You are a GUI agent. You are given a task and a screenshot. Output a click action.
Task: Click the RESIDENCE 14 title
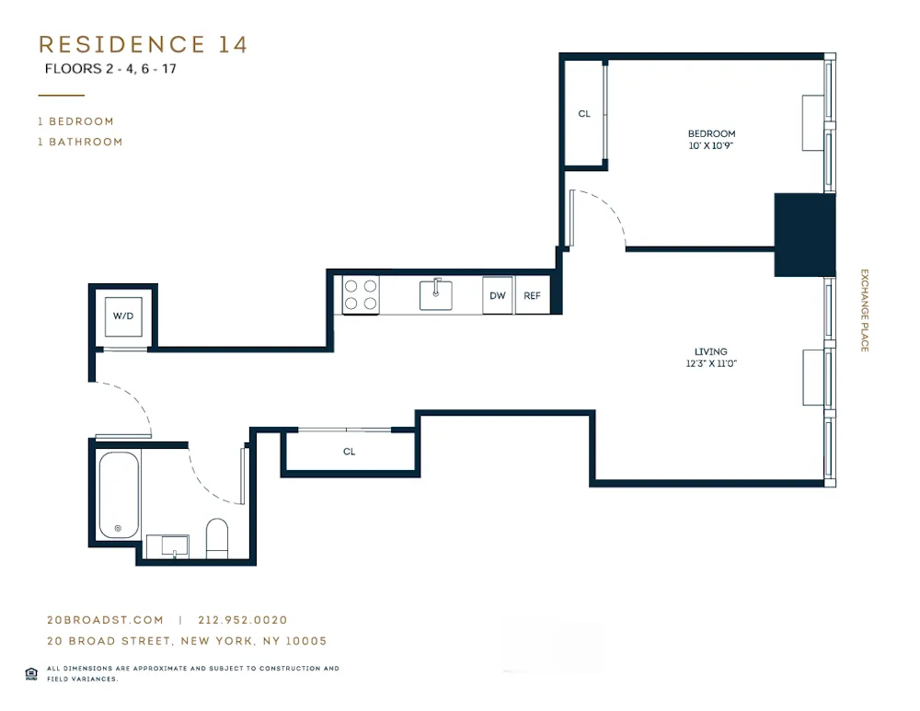[143, 44]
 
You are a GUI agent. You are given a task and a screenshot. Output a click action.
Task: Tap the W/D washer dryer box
[123, 316]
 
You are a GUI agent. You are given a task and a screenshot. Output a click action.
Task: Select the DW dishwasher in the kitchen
[498, 295]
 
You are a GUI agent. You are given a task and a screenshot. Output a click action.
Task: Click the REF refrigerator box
[532, 295]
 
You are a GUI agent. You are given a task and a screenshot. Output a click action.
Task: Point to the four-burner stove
[361, 294]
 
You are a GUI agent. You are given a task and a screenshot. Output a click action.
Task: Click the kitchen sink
[436, 294]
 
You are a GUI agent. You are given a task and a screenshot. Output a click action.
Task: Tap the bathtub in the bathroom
[119, 495]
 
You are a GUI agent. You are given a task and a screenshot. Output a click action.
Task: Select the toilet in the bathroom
[217, 538]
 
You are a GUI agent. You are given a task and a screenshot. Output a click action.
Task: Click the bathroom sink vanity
[167, 545]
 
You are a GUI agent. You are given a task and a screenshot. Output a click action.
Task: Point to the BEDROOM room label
[711, 133]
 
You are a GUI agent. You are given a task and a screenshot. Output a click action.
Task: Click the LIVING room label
[711, 351]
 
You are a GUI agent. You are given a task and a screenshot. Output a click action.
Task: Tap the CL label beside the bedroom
[584, 114]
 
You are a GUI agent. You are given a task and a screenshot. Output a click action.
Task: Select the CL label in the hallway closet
[350, 452]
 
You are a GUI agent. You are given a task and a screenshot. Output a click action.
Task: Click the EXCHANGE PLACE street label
[864, 310]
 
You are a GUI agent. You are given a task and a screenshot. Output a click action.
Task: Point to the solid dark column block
[804, 235]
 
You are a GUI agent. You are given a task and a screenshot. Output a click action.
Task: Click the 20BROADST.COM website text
[105, 620]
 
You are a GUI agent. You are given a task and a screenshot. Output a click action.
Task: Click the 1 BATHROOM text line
[80, 142]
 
